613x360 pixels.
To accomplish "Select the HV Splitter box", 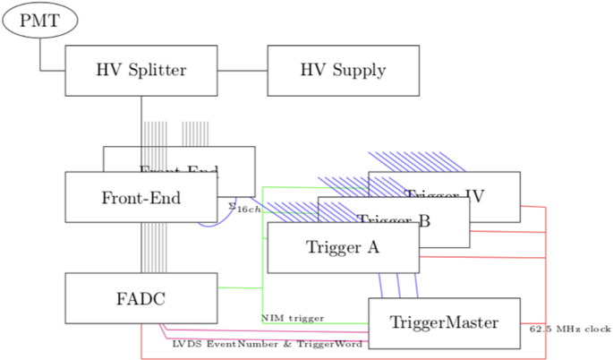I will (x=141, y=70).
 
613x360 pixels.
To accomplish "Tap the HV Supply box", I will (x=343, y=70).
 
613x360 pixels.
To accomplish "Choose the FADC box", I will (x=141, y=298).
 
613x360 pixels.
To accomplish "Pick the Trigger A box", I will (x=343, y=247).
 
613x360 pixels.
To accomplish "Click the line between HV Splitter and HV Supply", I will (x=243, y=70).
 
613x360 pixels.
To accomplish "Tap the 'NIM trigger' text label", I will (x=293, y=318).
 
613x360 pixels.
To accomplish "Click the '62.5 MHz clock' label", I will (x=570, y=329).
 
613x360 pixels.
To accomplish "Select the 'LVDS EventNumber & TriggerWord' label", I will (x=267, y=343).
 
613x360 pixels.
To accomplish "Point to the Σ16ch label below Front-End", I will (x=244, y=209).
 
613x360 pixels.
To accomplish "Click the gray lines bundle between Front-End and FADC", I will (x=154, y=247).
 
